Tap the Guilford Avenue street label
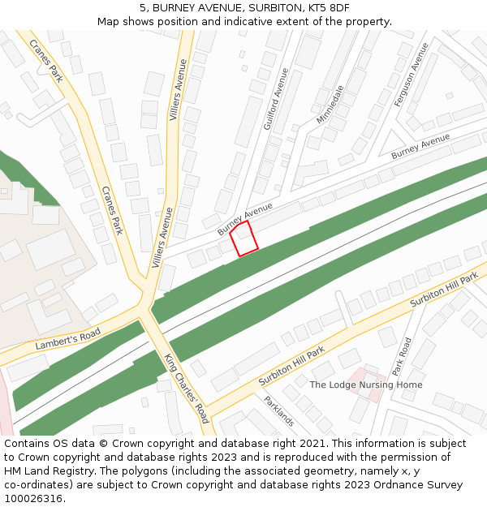coord(276,99)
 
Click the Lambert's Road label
coord(67,339)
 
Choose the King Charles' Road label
coord(186,389)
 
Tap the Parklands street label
coord(278,410)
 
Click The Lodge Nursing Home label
coord(366,385)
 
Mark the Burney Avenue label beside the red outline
coord(245,219)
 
